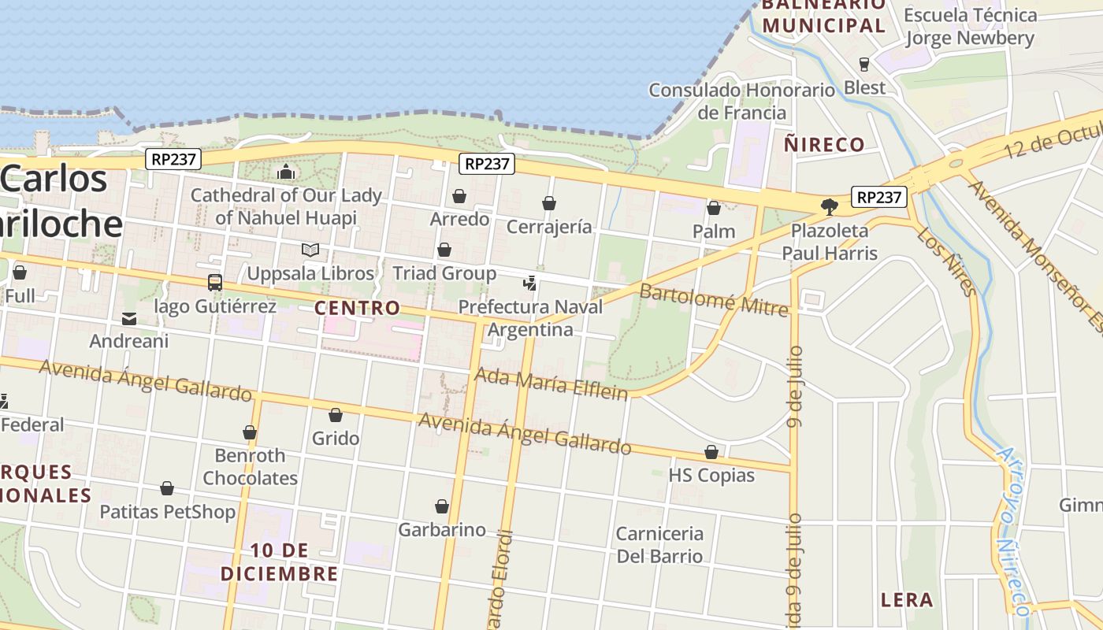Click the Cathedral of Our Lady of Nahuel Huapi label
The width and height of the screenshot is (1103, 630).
[x=286, y=206]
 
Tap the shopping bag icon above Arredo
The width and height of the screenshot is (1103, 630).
[x=459, y=196]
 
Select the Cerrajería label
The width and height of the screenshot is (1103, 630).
[x=549, y=227]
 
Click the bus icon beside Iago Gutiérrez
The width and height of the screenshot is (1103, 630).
[x=214, y=282]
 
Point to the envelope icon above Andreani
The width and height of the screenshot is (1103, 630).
[x=129, y=318]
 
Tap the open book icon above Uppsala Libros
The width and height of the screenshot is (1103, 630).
[x=310, y=250]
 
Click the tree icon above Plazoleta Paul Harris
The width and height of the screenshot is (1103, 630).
[x=829, y=207]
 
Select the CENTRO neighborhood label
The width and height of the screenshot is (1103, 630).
[x=358, y=308]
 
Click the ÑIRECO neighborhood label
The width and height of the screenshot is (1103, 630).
[x=824, y=144]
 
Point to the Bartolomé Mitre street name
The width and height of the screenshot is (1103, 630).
[x=713, y=300]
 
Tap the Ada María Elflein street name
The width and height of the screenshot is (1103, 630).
[x=551, y=384]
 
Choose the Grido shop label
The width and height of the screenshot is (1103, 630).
[x=336, y=438]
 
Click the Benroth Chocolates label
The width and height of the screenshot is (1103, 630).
[x=251, y=466]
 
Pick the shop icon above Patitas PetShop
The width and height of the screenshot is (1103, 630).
[x=167, y=489]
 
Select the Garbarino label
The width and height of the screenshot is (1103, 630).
[x=442, y=529]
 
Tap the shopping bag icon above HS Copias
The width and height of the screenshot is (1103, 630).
[x=711, y=452]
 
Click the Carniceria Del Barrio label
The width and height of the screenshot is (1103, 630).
[x=659, y=544]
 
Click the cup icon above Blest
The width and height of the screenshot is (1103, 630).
[x=864, y=64]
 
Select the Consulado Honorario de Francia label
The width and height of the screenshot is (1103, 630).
[x=741, y=101]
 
